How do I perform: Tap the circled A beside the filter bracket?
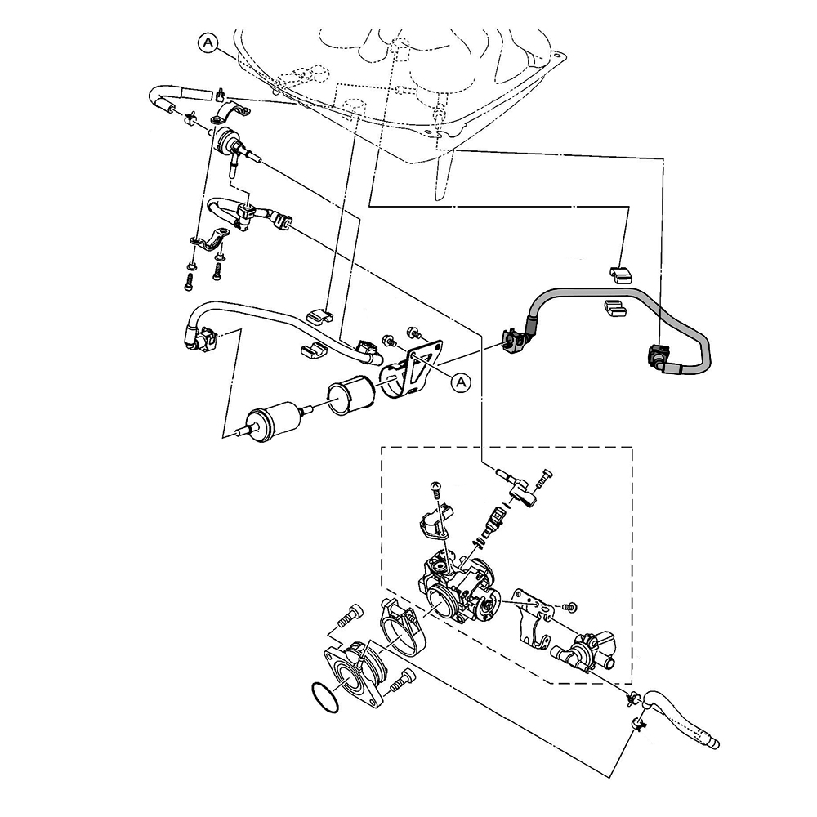[x=460, y=382]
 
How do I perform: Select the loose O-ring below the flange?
[x=324, y=698]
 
